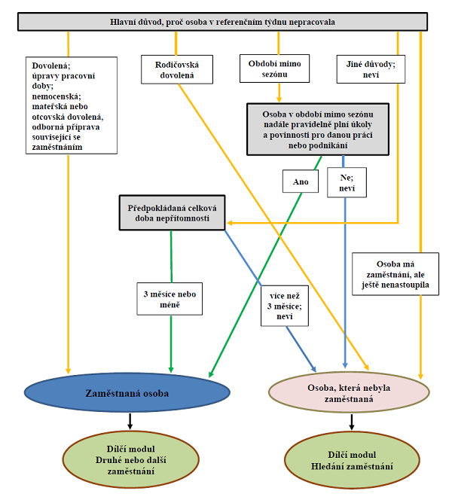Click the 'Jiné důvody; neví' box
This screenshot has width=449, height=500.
click(371, 70)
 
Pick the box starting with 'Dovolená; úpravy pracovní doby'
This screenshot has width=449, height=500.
click(69, 106)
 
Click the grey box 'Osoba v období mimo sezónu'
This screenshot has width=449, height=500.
click(317, 128)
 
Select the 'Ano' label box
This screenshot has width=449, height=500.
click(301, 181)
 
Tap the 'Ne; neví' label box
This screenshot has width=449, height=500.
click(346, 181)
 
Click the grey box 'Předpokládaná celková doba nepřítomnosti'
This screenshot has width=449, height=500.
click(173, 212)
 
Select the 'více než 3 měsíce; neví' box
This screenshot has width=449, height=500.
click(285, 304)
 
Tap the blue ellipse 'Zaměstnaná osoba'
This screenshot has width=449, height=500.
click(120, 392)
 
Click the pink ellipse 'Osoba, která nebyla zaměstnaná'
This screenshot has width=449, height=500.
click(350, 393)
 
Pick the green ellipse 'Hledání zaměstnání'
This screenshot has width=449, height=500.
click(350, 459)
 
